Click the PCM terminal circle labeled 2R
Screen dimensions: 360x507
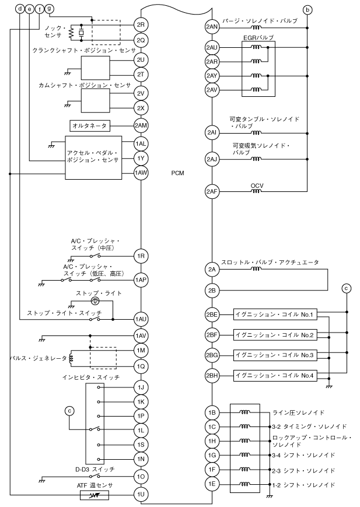pyautogui.click(x=141, y=25)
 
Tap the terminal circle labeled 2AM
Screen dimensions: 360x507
pyautogui.click(x=141, y=125)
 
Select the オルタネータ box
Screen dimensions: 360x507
pyautogui.click(x=90, y=125)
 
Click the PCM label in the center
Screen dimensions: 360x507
pyautogui.click(x=177, y=173)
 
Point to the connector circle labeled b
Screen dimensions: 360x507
pyautogui.click(x=307, y=10)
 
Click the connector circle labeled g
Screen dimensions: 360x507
pyautogui.click(x=48, y=9)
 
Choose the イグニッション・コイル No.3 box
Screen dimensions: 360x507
pyautogui.click(x=275, y=355)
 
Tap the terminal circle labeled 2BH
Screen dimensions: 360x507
pyautogui.click(x=212, y=376)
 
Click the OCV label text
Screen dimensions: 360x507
pyautogui.click(x=257, y=186)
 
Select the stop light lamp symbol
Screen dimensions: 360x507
pyautogui.click(x=95, y=301)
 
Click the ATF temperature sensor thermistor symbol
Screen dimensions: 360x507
pyautogui.click(x=94, y=495)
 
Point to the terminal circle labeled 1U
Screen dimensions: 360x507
pyautogui.click(x=141, y=494)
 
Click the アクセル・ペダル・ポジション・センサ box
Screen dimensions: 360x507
pyautogui.click(x=93, y=158)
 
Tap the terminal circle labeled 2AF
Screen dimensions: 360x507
pyautogui.click(x=212, y=192)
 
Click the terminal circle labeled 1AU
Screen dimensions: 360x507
pyautogui.click(x=141, y=320)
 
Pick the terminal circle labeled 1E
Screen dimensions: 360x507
pyautogui.click(x=212, y=484)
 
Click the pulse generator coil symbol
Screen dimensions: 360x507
pyautogui.click(x=71, y=358)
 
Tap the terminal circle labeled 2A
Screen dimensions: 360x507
pyautogui.click(x=212, y=269)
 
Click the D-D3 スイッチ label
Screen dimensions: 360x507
pyautogui.click(x=95, y=469)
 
